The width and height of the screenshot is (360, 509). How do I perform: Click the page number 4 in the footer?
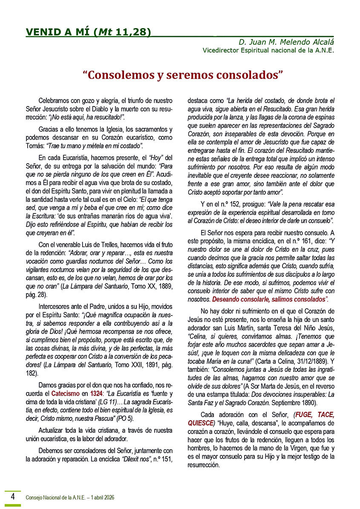(x=13, y=496)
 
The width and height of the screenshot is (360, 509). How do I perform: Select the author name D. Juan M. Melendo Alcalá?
(x=286, y=42)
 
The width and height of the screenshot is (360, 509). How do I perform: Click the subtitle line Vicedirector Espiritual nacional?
(x=268, y=50)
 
